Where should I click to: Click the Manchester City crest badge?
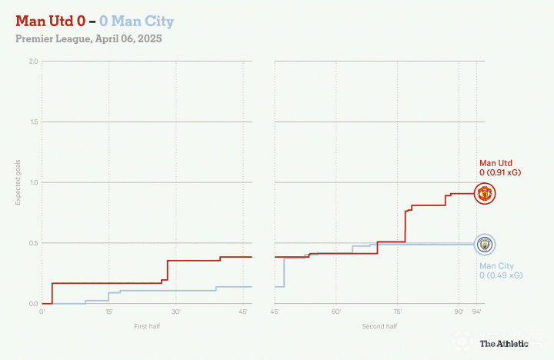point(484,245)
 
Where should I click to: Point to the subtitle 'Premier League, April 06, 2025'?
point(88,38)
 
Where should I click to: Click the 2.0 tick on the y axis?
point(33,62)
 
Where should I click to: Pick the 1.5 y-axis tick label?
point(33,122)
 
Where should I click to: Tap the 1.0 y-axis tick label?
point(33,183)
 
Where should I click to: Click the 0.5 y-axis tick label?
point(33,244)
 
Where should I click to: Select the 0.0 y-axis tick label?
point(33,304)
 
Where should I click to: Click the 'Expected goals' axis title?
point(18,183)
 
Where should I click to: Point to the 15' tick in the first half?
point(108,312)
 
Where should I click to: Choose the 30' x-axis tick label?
point(175,312)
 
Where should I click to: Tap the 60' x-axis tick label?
point(336,312)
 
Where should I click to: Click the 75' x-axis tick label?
point(397,312)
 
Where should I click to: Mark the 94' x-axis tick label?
point(476,312)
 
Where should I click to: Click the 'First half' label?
point(146,327)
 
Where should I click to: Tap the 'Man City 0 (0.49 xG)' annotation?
point(501,271)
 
